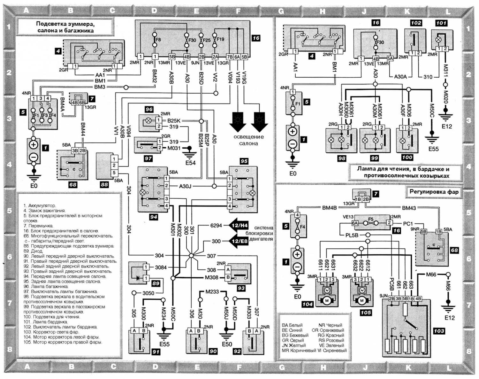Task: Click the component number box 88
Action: coord(104,184)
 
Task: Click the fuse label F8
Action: coord(158,40)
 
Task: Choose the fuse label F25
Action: coord(206,40)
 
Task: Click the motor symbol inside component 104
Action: coord(326,300)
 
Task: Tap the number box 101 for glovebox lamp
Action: coord(441,23)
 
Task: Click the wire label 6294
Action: coord(216,225)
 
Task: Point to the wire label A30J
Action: coord(185,186)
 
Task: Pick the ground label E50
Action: coord(227,344)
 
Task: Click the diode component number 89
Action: coord(156,283)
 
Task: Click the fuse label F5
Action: coord(371,219)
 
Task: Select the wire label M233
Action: coord(212,291)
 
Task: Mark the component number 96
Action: coord(149,109)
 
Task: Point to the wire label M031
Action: coord(174,148)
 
